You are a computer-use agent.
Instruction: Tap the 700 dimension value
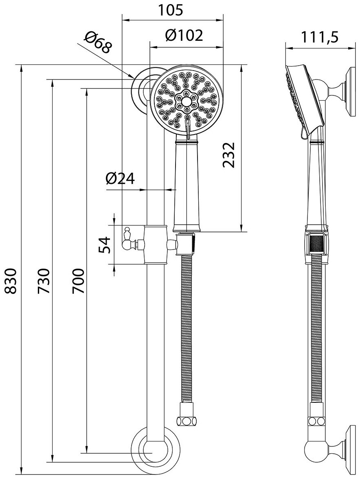[x=78, y=281]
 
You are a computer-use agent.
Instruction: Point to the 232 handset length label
[x=229, y=155]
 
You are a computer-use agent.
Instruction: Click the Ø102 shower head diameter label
[x=184, y=35]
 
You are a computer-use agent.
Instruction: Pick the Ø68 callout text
[x=98, y=43]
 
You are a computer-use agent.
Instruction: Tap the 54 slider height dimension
[x=104, y=245]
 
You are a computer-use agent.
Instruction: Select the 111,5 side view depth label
[x=320, y=38]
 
